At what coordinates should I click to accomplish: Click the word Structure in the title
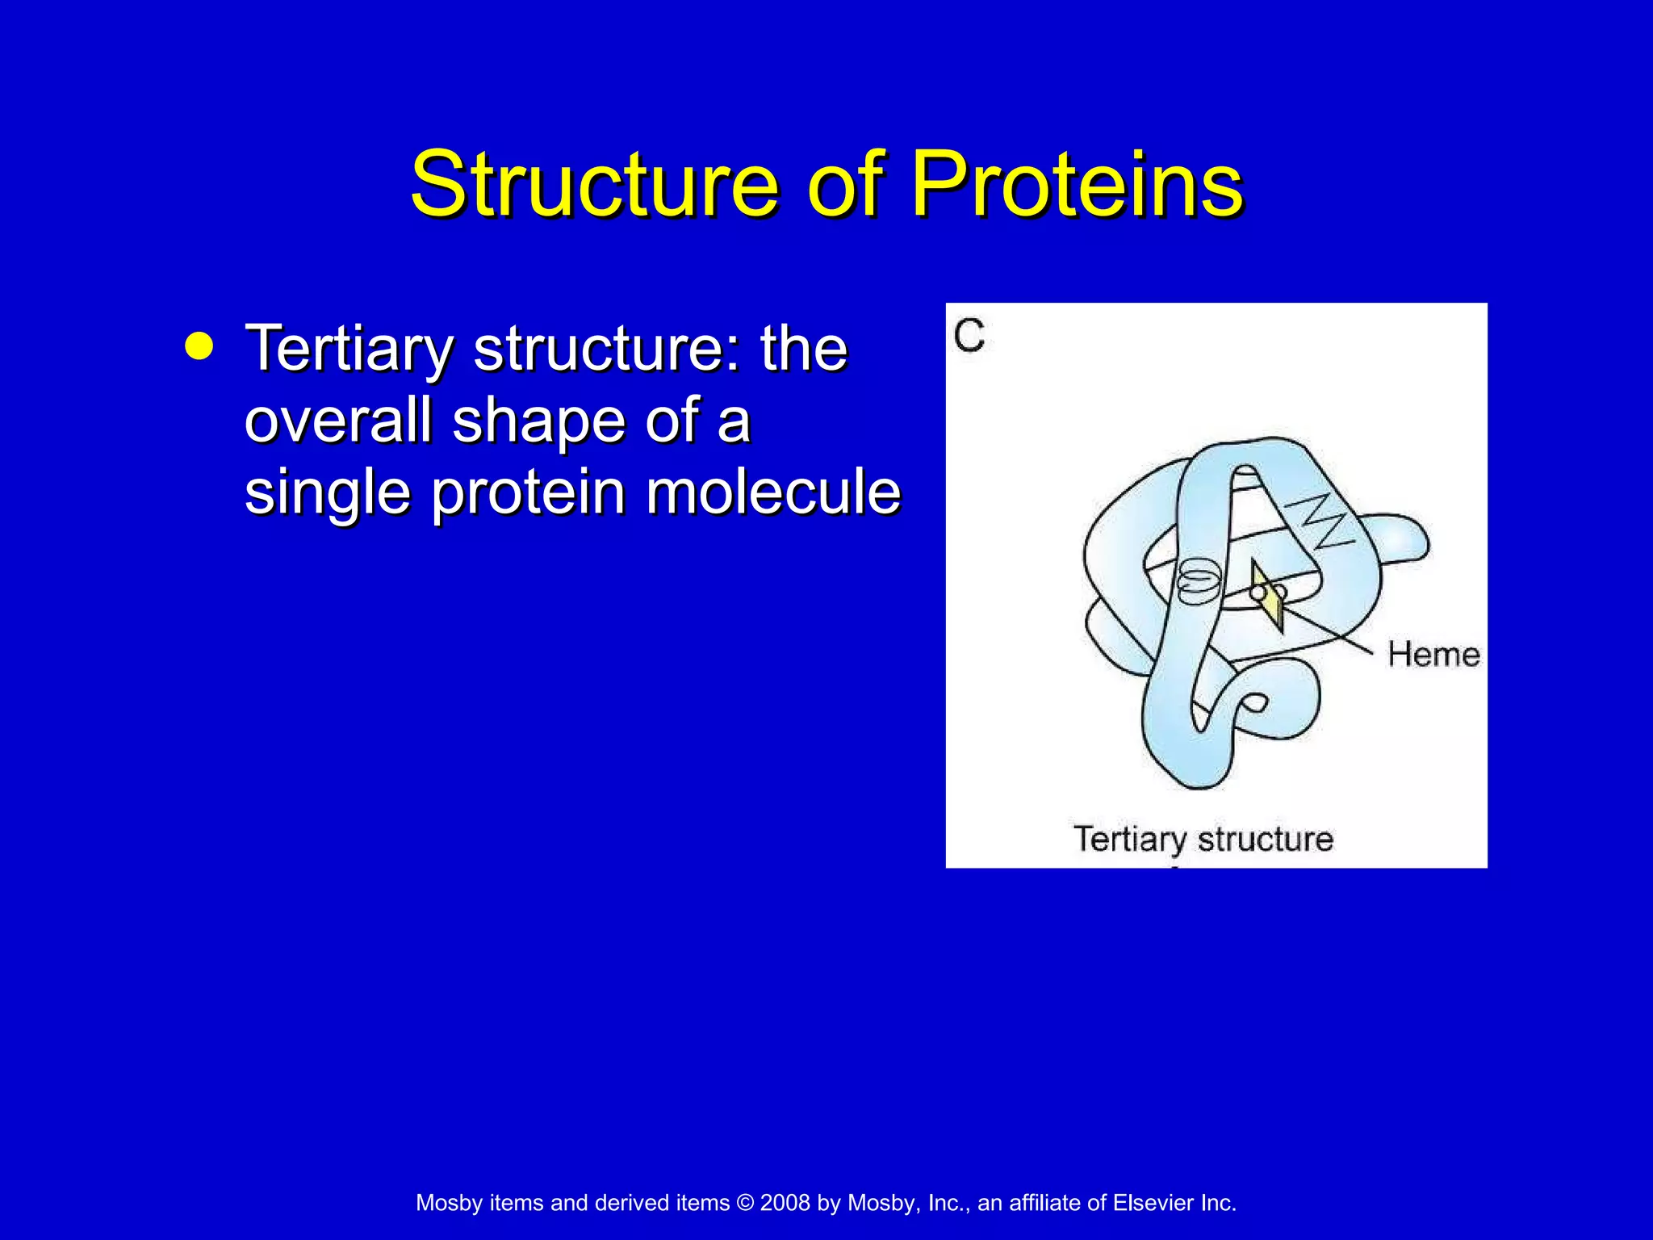pos(595,185)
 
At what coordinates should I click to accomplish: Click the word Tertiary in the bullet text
pos(349,349)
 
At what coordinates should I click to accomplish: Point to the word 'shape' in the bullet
pos(538,421)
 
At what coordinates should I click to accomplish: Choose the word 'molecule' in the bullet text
pos(772,492)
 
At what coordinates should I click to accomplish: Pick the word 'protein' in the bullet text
pos(528,493)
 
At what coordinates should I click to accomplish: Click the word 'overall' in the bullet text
pos(338,421)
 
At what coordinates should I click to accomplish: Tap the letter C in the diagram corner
pos(969,335)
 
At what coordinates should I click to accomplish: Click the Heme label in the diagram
pos(1433,654)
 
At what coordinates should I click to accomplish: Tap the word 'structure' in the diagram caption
pos(1265,840)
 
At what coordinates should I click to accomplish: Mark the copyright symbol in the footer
pos(745,1203)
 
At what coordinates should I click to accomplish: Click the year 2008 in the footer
pos(785,1203)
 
